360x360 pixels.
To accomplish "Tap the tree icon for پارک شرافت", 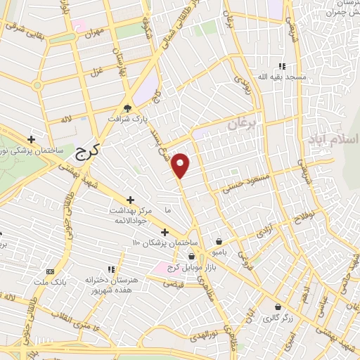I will pyautogui.click(x=127, y=108).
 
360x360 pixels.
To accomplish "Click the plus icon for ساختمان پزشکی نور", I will pyautogui.click(x=30, y=139).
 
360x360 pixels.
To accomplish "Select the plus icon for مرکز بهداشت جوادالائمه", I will pyautogui.click(x=129, y=200).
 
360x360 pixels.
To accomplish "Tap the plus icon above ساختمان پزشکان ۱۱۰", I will pyautogui.click(x=165, y=232).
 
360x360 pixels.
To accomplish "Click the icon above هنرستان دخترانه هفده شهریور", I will pyautogui.click(x=110, y=269).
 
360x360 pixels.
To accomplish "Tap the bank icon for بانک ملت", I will pyautogui.click(x=49, y=271).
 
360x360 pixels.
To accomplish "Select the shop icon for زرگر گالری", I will pyautogui.click(x=278, y=307).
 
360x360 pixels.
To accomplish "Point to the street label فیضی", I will pyautogui.click(x=171, y=284).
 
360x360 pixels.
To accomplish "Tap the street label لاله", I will pyautogui.click(x=67, y=120).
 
